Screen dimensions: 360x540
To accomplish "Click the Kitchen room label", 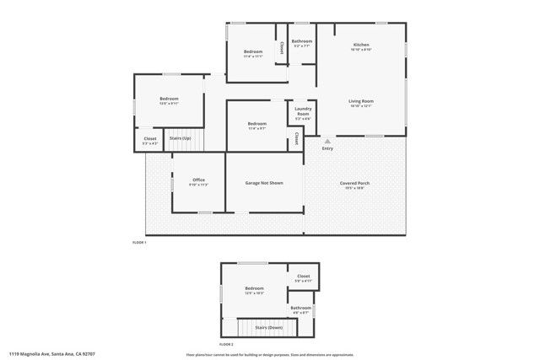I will point(361,45).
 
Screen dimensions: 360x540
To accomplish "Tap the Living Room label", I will point(361,101).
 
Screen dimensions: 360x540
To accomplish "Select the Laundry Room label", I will point(303,111).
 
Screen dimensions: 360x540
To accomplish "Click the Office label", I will point(199,180).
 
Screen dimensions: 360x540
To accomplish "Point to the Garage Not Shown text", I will point(264,183).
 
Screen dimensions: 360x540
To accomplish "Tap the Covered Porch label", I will point(354,183).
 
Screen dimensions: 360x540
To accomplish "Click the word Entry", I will point(327,148).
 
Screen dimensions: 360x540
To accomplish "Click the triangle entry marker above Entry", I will point(327,141).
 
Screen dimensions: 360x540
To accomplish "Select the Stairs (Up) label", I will point(181,137).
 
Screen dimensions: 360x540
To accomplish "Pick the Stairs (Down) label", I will point(269,327).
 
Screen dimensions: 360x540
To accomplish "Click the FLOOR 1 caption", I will point(139,243).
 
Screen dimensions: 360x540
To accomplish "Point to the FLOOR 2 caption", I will point(225,344).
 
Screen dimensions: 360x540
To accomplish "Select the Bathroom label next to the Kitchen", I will point(302,41).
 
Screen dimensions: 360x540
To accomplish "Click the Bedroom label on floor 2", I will point(255,288).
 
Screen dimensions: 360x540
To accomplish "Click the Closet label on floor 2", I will point(304,276).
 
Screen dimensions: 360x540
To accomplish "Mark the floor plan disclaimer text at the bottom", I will point(269,354).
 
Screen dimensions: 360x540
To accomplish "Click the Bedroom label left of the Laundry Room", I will point(257,124).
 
